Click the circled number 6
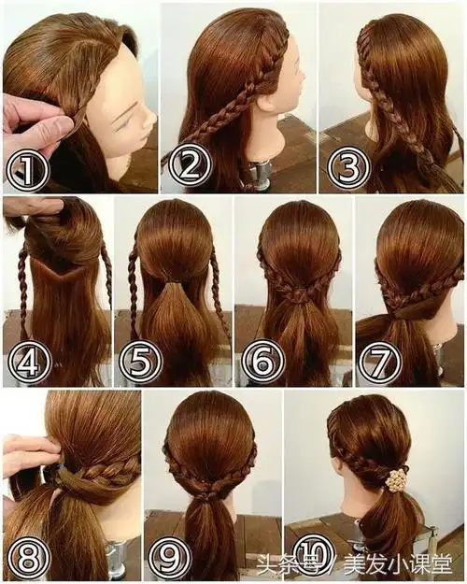(x=262, y=360)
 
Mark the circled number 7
(x=380, y=360)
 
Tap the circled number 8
(x=30, y=558)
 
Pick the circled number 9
(x=171, y=558)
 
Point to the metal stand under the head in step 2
(x=256, y=172)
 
